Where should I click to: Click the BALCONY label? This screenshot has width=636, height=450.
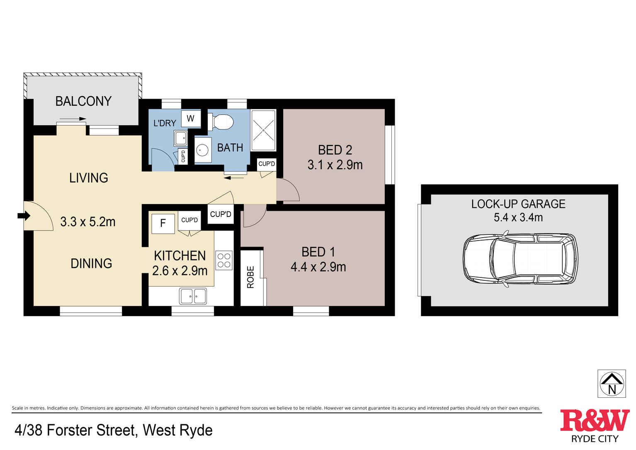click(83, 101)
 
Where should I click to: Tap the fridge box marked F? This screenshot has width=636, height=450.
click(163, 224)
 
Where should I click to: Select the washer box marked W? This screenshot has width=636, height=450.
click(191, 119)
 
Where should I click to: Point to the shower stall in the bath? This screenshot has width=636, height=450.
click(263, 130)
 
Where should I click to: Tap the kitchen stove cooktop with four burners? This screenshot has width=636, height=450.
click(224, 260)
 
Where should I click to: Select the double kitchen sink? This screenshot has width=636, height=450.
click(193, 296)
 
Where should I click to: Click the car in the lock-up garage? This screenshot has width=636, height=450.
click(520, 259)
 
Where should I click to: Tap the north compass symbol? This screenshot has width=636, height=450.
click(612, 384)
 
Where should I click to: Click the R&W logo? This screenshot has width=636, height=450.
click(595, 421)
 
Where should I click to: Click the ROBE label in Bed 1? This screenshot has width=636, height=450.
click(250, 277)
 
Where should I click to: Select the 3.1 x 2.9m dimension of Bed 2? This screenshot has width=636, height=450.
click(335, 165)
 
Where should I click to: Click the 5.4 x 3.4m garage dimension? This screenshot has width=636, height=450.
click(518, 217)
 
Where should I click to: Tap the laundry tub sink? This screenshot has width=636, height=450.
click(180, 138)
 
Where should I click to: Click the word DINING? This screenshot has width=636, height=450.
click(91, 263)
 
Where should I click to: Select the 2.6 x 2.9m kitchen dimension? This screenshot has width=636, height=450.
click(180, 271)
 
